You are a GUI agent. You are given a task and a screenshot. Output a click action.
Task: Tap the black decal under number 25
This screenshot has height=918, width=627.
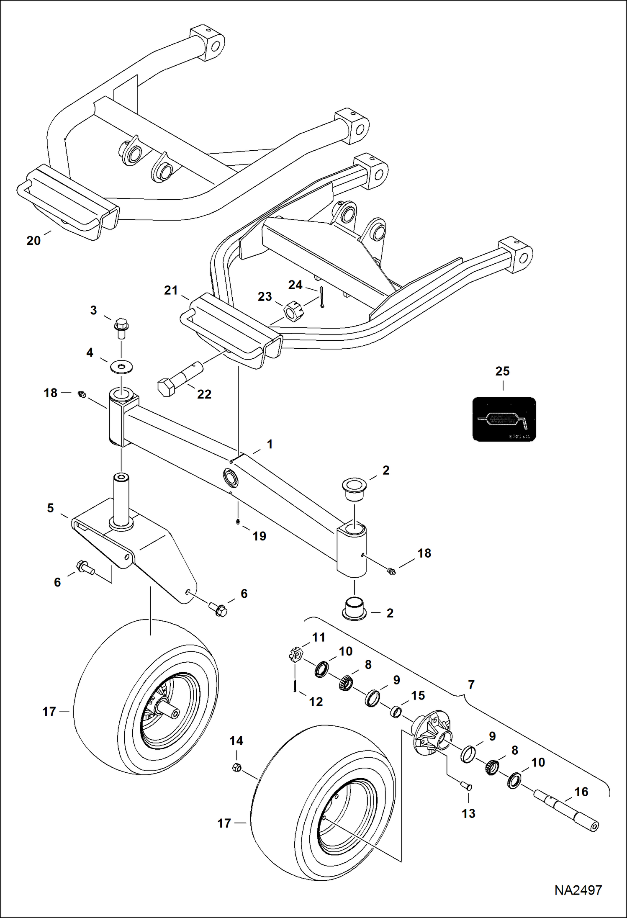coord(504,419)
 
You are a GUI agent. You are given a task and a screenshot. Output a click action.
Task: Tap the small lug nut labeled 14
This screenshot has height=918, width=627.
coord(236,768)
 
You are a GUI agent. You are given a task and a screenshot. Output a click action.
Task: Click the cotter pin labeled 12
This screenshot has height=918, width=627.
coord(296,684)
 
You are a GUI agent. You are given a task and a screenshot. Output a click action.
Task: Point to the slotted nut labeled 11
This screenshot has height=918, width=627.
coord(296,655)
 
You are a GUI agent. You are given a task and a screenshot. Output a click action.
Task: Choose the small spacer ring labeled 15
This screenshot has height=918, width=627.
coord(396,712)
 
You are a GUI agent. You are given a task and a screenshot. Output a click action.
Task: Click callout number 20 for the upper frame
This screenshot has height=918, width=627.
coord(33,241)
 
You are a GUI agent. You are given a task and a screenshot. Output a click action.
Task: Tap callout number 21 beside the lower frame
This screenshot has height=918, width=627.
coord(171,290)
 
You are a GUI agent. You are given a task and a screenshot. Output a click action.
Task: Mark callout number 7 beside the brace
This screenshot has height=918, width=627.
coord(471,685)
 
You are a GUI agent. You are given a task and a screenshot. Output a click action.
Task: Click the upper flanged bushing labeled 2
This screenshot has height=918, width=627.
coord(354,489)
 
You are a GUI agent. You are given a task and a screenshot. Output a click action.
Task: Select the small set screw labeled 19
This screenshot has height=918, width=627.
coord(238,522)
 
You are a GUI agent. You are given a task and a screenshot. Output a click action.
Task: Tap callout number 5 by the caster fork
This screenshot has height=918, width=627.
coord(50,508)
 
